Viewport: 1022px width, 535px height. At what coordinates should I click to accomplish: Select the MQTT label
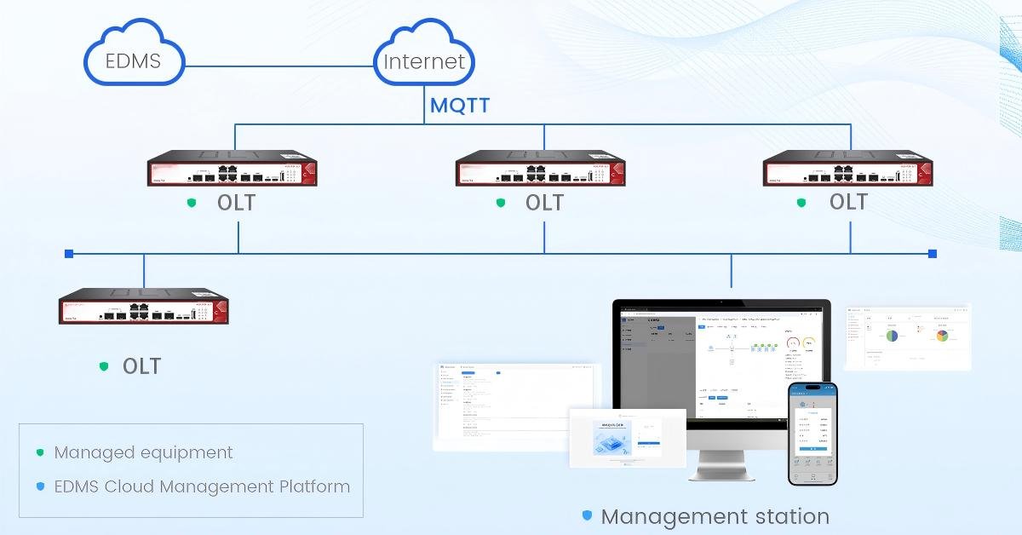click(x=459, y=106)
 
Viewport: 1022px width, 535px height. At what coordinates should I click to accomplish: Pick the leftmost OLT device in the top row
click(x=233, y=170)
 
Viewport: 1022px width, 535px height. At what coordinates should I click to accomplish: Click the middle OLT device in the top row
click(x=541, y=170)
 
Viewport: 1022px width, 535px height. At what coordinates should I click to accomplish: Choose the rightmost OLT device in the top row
click(x=848, y=170)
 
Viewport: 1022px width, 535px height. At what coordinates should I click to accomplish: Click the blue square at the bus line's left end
click(x=69, y=253)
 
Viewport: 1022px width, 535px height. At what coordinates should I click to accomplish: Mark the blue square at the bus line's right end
click(x=933, y=253)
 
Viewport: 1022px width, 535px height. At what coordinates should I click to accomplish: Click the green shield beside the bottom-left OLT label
click(x=104, y=366)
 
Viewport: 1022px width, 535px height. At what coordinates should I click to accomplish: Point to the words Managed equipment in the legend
click(x=143, y=452)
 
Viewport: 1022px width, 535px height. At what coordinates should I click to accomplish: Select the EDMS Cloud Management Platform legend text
click(x=202, y=487)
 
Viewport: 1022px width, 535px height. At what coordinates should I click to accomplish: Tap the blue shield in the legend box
click(x=40, y=487)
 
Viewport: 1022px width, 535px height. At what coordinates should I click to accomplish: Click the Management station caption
click(x=715, y=516)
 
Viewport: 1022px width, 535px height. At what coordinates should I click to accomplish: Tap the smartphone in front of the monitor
click(x=812, y=433)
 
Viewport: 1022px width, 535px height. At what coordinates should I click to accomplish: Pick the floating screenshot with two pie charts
click(x=908, y=336)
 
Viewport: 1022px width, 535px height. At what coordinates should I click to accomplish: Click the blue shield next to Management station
click(x=587, y=515)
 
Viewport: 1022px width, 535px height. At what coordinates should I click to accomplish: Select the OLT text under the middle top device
click(x=544, y=203)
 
